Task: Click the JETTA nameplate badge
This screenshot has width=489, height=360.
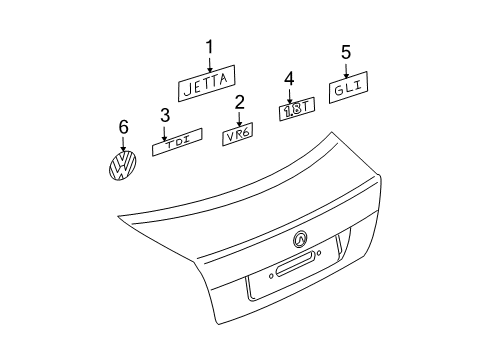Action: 206,83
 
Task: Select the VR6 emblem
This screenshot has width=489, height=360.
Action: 238,134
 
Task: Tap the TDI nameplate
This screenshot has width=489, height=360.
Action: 177,142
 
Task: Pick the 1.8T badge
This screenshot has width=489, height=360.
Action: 297,109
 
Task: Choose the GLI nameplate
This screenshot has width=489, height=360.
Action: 348,87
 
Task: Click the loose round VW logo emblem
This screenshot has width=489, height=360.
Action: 123,166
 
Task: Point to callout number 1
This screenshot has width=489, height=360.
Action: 209,47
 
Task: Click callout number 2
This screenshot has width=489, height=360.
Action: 240,102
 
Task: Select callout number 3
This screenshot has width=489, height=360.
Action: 165,115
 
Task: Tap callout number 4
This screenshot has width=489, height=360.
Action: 289,79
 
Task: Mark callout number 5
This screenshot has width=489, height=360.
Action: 346,52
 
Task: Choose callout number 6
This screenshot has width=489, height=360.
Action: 124,127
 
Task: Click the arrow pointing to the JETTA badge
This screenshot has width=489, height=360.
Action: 210,64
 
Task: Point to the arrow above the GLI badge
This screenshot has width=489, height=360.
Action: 346,70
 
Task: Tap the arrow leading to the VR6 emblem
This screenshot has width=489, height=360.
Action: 239,119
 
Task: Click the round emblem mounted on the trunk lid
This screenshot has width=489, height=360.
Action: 300,239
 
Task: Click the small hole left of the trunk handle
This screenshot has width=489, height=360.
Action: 271,276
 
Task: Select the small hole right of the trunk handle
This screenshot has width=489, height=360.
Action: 319,253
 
